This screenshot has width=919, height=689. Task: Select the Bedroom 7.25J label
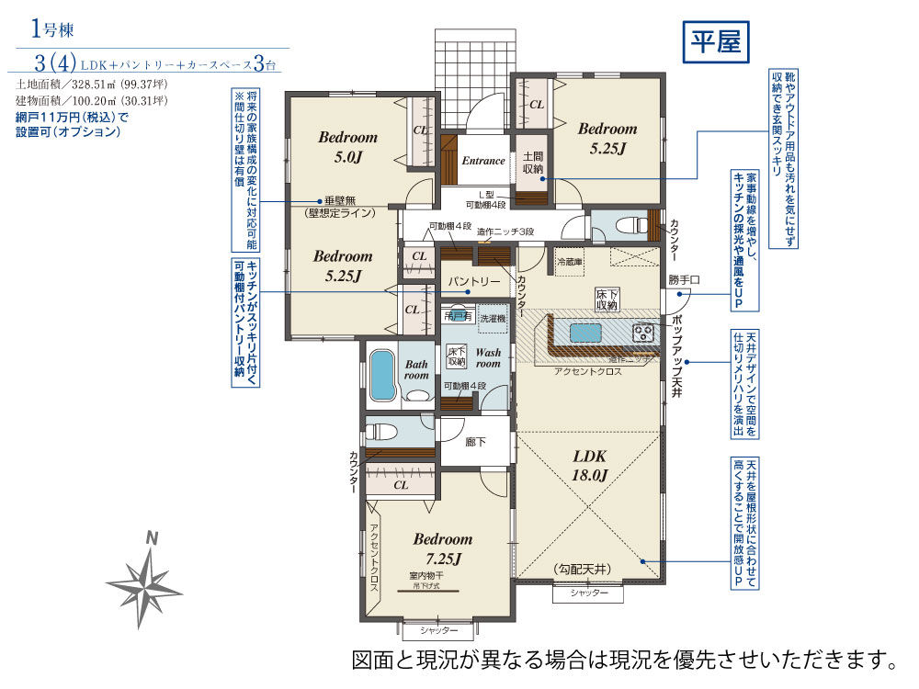coord(442,548)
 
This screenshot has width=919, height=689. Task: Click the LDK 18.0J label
coord(590,465)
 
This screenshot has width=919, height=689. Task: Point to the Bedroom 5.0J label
coord(347,146)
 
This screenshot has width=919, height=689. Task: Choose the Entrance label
coord(482,161)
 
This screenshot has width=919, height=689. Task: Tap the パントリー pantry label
coord(474,280)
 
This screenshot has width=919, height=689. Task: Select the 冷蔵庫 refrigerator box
coord(569,262)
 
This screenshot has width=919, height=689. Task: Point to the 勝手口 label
coord(685,279)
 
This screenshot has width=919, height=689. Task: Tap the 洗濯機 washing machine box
coord(492,316)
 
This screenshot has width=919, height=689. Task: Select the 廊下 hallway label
coord(475,442)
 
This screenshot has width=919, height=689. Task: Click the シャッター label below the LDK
coord(588,593)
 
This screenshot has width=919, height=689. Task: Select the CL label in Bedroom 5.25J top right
coord(536,105)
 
